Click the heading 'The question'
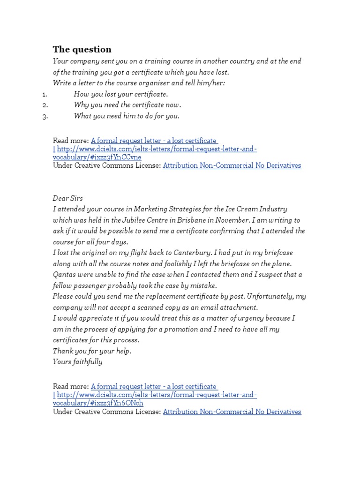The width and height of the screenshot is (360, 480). (x=82, y=50)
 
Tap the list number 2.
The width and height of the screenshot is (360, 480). (x=45, y=105)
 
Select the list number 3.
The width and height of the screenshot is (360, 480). (x=45, y=117)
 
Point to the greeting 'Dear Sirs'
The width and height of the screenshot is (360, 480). (x=68, y=198)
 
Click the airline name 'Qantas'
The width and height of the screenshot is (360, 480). (x=64, y=275)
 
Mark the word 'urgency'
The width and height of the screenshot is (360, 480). (x=250, y=318)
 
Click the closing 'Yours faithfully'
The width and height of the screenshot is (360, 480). (x=77, y=362)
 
